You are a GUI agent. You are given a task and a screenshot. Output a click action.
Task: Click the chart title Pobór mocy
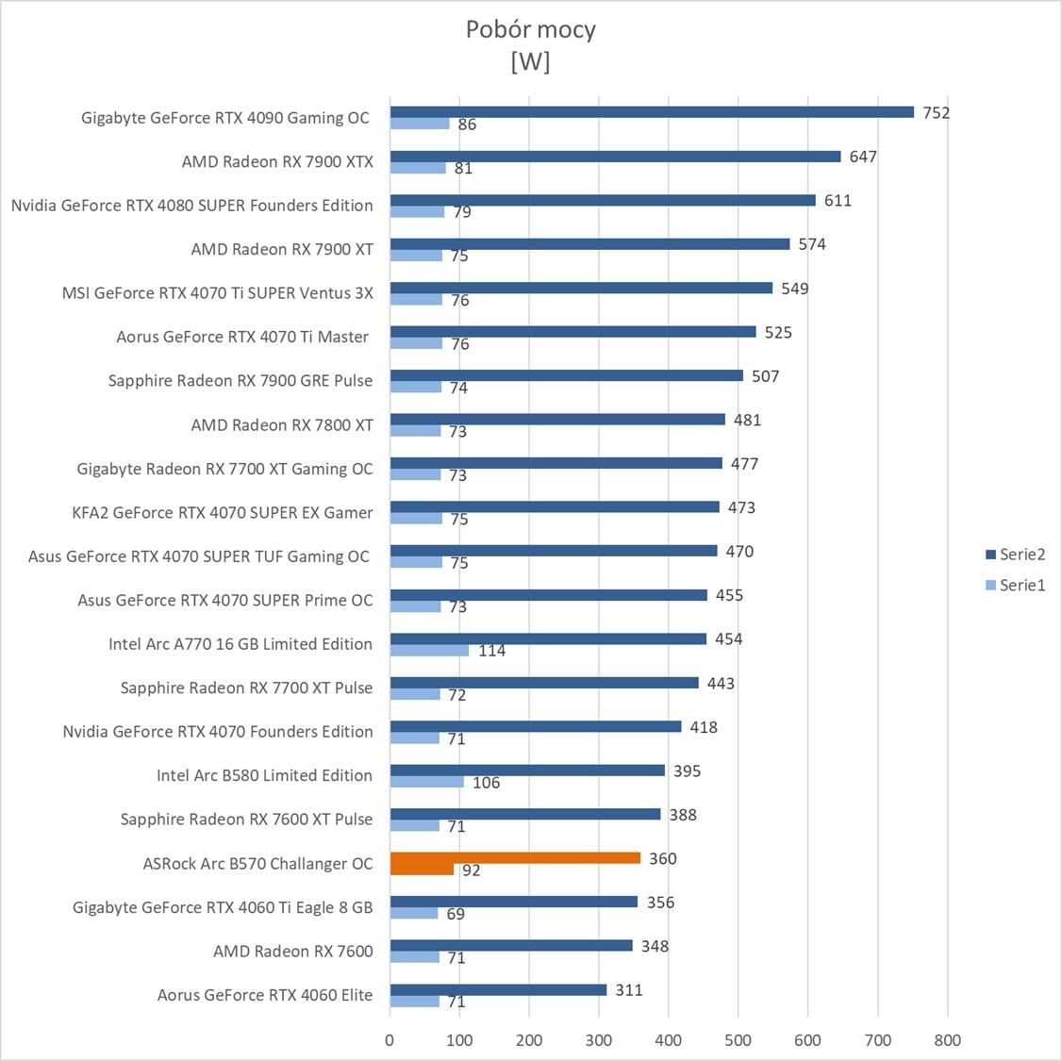[530, 29]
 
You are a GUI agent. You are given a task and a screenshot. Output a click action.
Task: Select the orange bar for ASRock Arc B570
[515, 858]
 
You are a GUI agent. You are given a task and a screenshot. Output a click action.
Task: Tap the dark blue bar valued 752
[652, 112]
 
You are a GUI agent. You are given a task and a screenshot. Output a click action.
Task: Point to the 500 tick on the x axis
[738, 1040]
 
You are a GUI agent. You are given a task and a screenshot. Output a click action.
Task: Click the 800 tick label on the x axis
[947, 1040]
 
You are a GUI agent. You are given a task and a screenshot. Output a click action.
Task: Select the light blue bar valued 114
[429, 651]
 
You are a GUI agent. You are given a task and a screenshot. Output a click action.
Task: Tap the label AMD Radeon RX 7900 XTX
[277, 161]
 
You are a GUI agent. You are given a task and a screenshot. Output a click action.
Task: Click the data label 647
[863, 157]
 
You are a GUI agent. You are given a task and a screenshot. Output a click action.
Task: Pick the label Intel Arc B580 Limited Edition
[264, 775]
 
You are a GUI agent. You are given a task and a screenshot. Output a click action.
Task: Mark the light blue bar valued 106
[426, 782]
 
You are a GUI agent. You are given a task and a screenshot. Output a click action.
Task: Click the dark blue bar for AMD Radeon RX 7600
[511, 946]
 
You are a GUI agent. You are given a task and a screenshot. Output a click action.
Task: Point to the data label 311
[628, 989]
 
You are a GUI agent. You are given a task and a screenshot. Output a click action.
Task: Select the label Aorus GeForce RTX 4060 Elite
[265, 995]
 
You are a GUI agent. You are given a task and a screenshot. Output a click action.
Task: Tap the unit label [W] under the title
[530, 61]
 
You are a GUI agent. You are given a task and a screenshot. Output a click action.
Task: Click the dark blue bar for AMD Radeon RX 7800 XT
[557, 420]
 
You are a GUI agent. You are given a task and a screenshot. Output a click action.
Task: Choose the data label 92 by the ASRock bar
[471, 870]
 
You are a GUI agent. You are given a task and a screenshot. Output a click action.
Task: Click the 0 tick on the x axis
[390, 1040]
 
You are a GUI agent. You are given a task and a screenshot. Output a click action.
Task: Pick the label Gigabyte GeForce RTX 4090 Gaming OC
[225, 118]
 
